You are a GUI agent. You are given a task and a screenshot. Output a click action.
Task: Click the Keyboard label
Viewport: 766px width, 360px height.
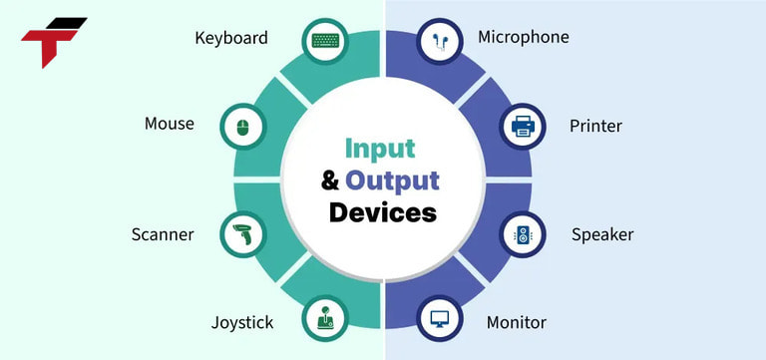(x=231, y=38)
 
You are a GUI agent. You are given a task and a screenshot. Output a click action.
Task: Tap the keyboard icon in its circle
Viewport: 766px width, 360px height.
(x=325, y=41)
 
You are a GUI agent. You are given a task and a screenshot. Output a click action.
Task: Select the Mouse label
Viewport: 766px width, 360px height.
(x=169, y=124)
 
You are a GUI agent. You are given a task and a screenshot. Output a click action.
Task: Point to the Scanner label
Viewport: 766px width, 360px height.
(x=162, y=235)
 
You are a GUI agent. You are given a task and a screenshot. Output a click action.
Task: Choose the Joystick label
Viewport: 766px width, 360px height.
(x=242, y=322)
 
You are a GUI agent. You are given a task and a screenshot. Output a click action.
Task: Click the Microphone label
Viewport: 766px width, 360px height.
(x=524, y=37)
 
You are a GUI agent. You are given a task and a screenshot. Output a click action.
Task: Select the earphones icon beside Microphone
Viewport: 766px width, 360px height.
(x=439, y=41)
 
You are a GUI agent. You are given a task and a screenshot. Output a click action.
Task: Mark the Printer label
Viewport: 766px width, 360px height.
(x=595, y=126)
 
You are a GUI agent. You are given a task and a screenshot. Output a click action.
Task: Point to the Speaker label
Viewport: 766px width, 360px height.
(x=601, y=235)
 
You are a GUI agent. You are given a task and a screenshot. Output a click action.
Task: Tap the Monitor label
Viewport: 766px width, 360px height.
(x=516, y=322)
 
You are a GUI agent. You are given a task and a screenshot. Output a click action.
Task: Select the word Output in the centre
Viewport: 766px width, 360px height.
(x=393, y=180)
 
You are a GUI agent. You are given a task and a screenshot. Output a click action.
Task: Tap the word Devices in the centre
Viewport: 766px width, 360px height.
(x=382, y=212)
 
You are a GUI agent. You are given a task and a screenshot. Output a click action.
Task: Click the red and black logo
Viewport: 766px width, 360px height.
(x=51, y=41)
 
